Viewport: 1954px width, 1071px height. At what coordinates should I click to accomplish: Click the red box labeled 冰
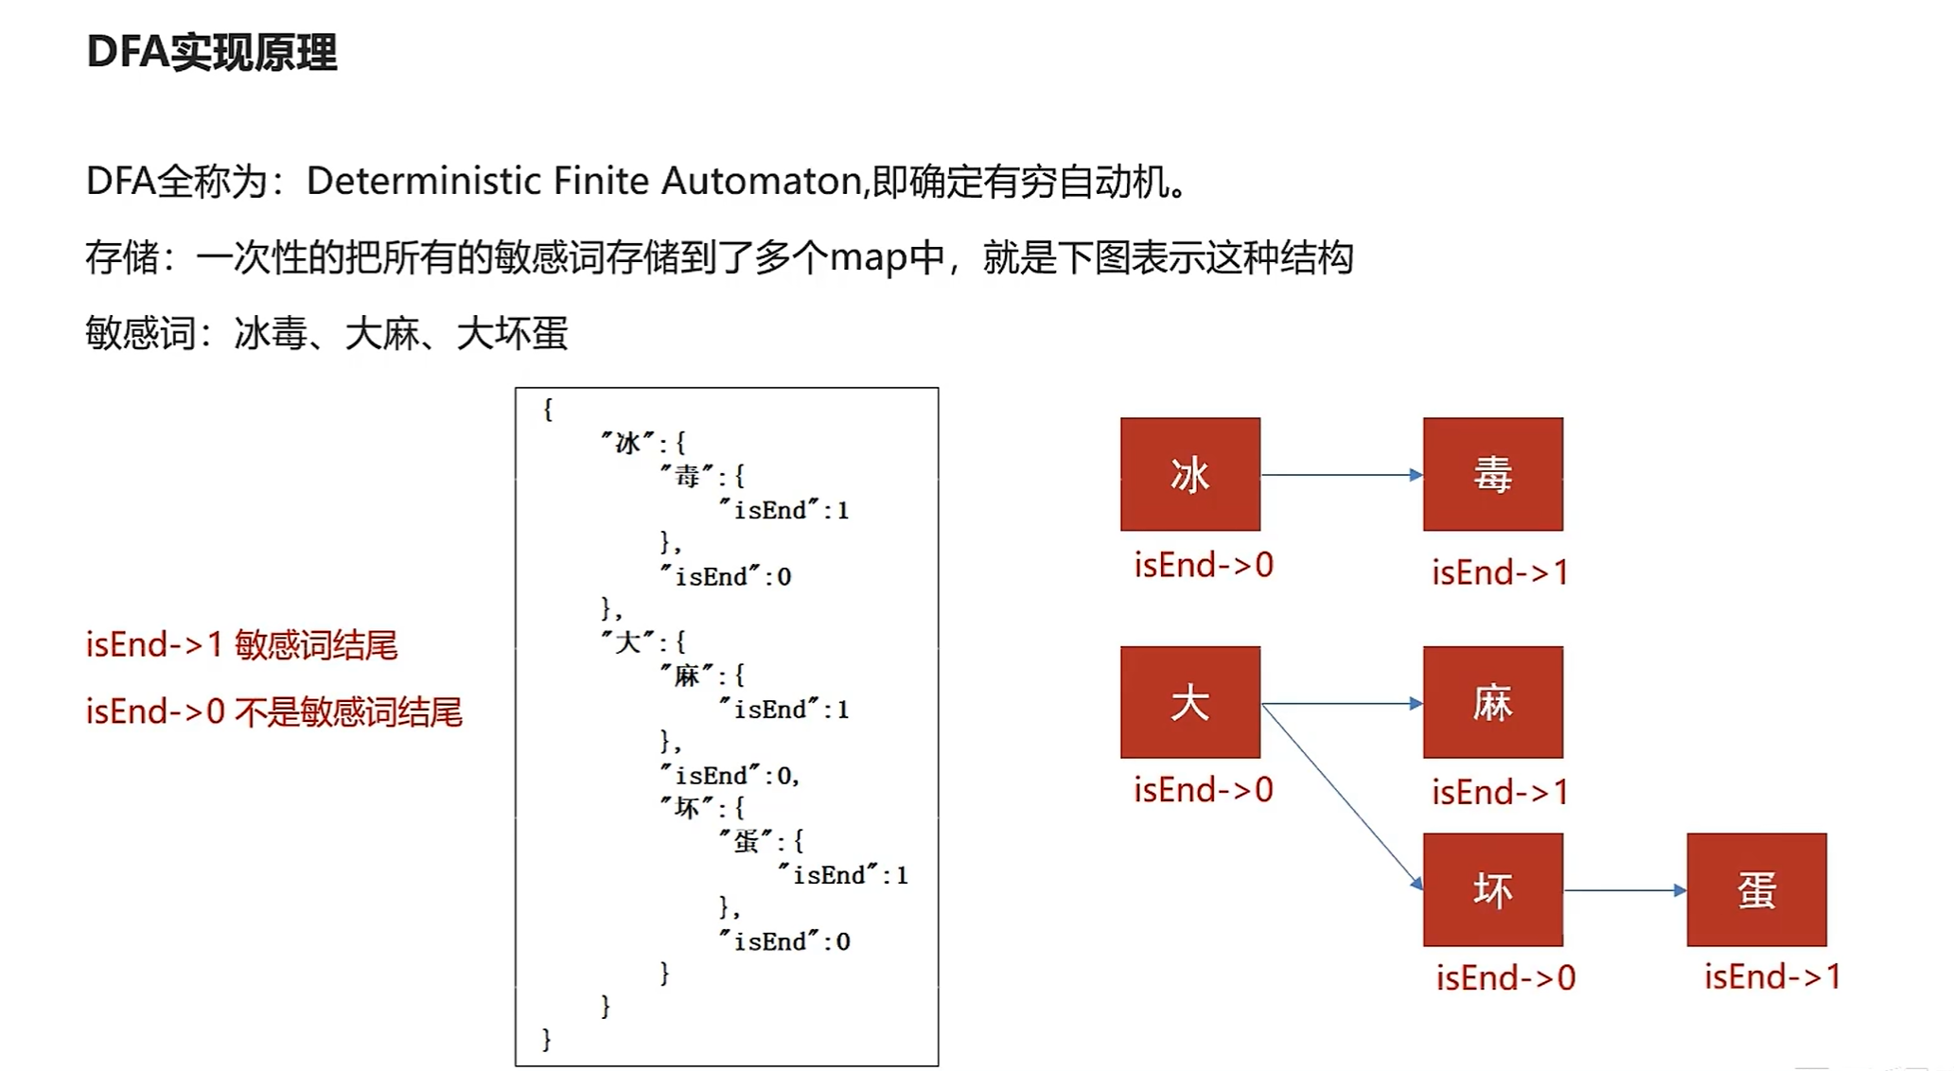pyautogui.click(x=1189, y=474)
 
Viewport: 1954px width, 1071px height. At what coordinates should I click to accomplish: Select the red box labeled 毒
pyautogui.click(x=1492, y=474)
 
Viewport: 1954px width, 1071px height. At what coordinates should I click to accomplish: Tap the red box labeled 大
pyautogui.click(x=1189, y=702)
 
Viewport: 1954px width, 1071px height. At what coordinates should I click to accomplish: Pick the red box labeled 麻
pyautogui.click(x=1492, y=702)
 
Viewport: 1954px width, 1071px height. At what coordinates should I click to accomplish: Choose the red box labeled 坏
pyautogui.click(x=1492, y=889)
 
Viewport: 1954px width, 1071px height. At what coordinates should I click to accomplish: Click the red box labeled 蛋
pyautogui.click(x=1756, y=889)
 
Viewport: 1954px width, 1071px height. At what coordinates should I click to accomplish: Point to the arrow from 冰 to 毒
pyautogui.click(x=1342, y=475)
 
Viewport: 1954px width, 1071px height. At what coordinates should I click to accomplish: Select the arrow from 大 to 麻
pyautogui.click(x=1342, y=704)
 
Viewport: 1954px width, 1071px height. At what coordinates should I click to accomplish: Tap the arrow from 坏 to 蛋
pyautogui.click(x=1624, y=890)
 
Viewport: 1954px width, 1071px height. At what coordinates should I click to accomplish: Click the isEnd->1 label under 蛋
pyautogui.click(x=1772, y=976)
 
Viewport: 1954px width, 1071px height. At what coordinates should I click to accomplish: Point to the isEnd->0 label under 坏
pyautogui.click(x=1505, y=977)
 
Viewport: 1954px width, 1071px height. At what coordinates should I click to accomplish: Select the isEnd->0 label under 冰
pyautogui.click(x=1204, y=565)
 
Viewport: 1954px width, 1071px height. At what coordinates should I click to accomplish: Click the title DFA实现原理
pyautogui.click(x=211, y=52)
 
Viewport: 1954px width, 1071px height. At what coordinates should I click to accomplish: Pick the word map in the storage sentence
pyautogui.click(x=868, y=257)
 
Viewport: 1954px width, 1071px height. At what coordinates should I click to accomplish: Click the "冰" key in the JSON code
pyautogui.click(x=627, y=443)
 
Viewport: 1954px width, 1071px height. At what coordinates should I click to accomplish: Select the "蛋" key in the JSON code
pyautogui.click(x=746, y=841)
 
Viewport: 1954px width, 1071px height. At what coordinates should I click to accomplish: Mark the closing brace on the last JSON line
pyautogui.click(x=546, y=1040)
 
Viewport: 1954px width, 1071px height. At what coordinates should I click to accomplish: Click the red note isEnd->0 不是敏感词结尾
pyautogui.click(x=273, y=711)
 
